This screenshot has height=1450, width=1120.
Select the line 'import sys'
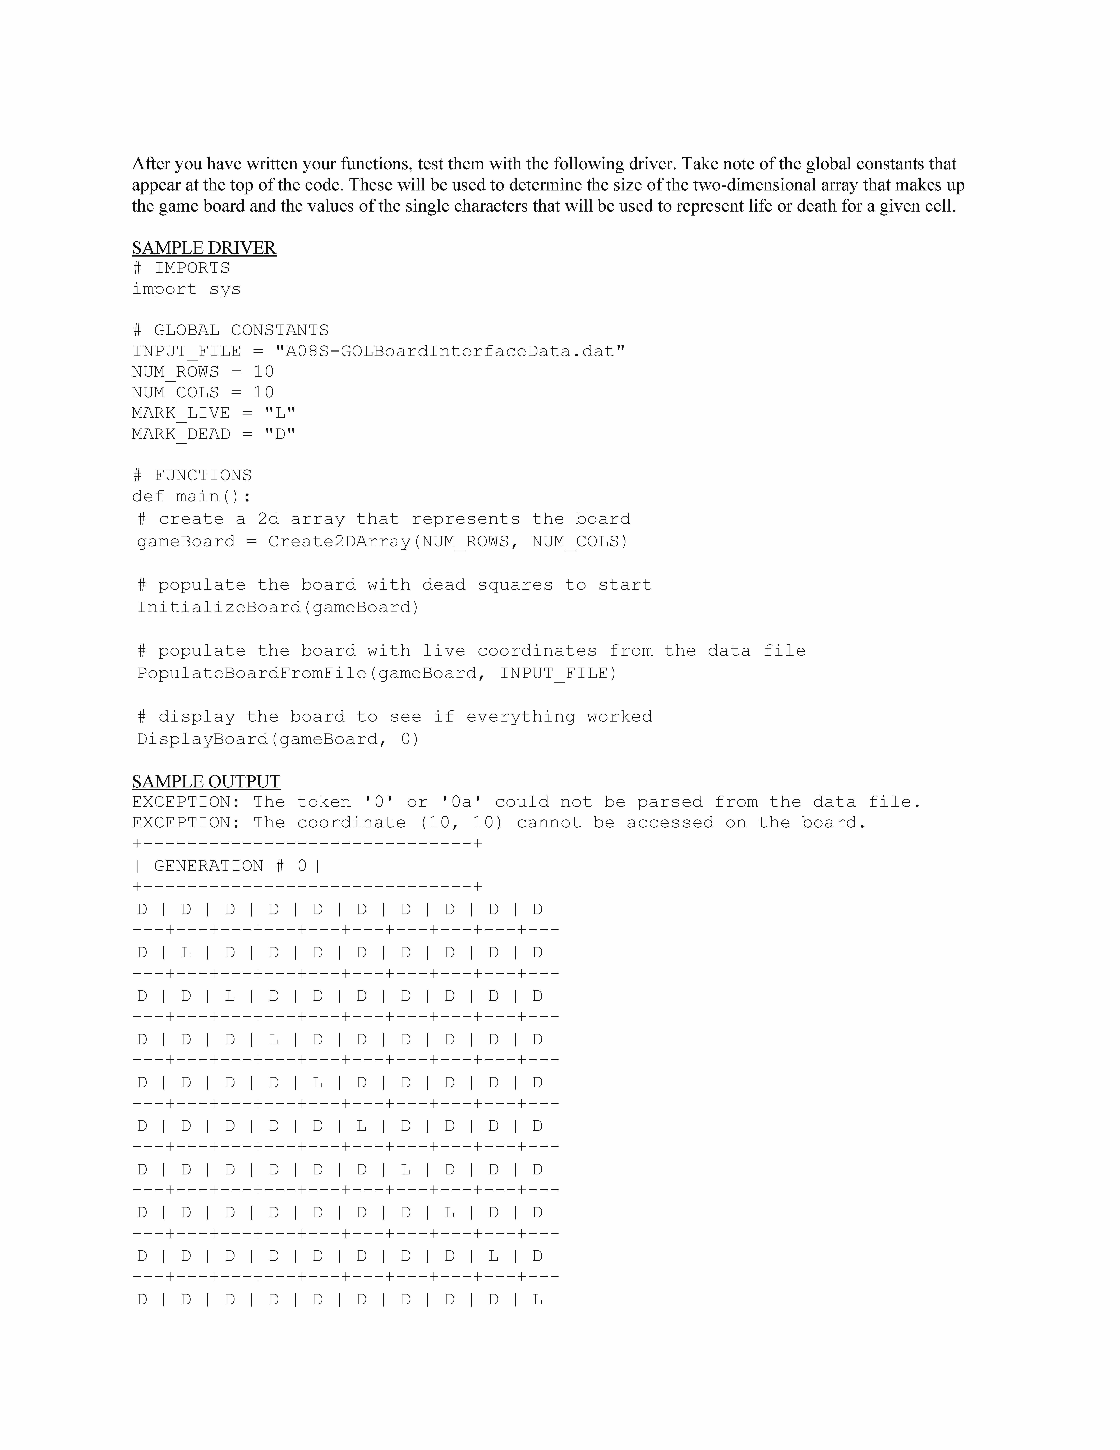tap(186, 289)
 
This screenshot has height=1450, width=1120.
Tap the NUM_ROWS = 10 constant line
tap(203, 372)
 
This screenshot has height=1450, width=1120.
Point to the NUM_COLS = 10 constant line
tap(203, 392)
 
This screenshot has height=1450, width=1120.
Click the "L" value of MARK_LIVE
tap(280, 413)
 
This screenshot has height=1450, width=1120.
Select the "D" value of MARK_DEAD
tap(280, 434)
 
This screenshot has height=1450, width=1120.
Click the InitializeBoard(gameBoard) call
tap(278, 608)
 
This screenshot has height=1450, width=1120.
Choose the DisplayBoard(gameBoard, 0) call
tap(278, 739)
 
